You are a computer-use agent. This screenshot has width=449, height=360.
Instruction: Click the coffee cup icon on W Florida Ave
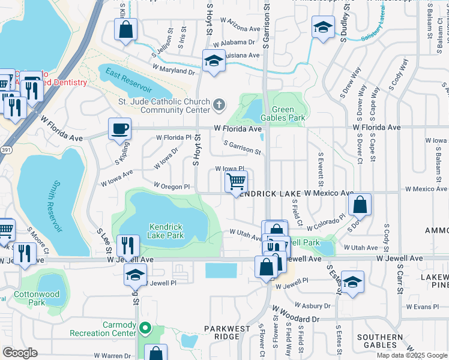pyautogui.click(x=119, y=128)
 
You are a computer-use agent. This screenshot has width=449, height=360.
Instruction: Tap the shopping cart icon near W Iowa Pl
pyautogui.click(x=237, y=181)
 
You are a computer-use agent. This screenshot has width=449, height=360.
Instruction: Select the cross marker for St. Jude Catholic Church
pyautogui.click(x=220, y=106)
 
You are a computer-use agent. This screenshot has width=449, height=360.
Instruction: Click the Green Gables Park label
pyautogui.click(x=288, y=113)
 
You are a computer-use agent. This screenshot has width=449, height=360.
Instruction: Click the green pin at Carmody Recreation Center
pyautogui.click(x=144, y=328)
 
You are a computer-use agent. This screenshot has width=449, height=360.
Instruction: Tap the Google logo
pyautogui.click(x=20, y=353)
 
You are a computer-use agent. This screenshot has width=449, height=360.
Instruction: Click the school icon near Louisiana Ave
pyautogui.click(x=213, y=61)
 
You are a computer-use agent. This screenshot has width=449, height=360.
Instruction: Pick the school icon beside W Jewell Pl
pyautogui.click(x=135, y=275)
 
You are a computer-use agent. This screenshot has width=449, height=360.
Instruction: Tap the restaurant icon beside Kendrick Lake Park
pyautogui.click(x=128, y=244)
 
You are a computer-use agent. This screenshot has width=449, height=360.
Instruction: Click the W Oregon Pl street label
pyautogui.click(x=172, y=187)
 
